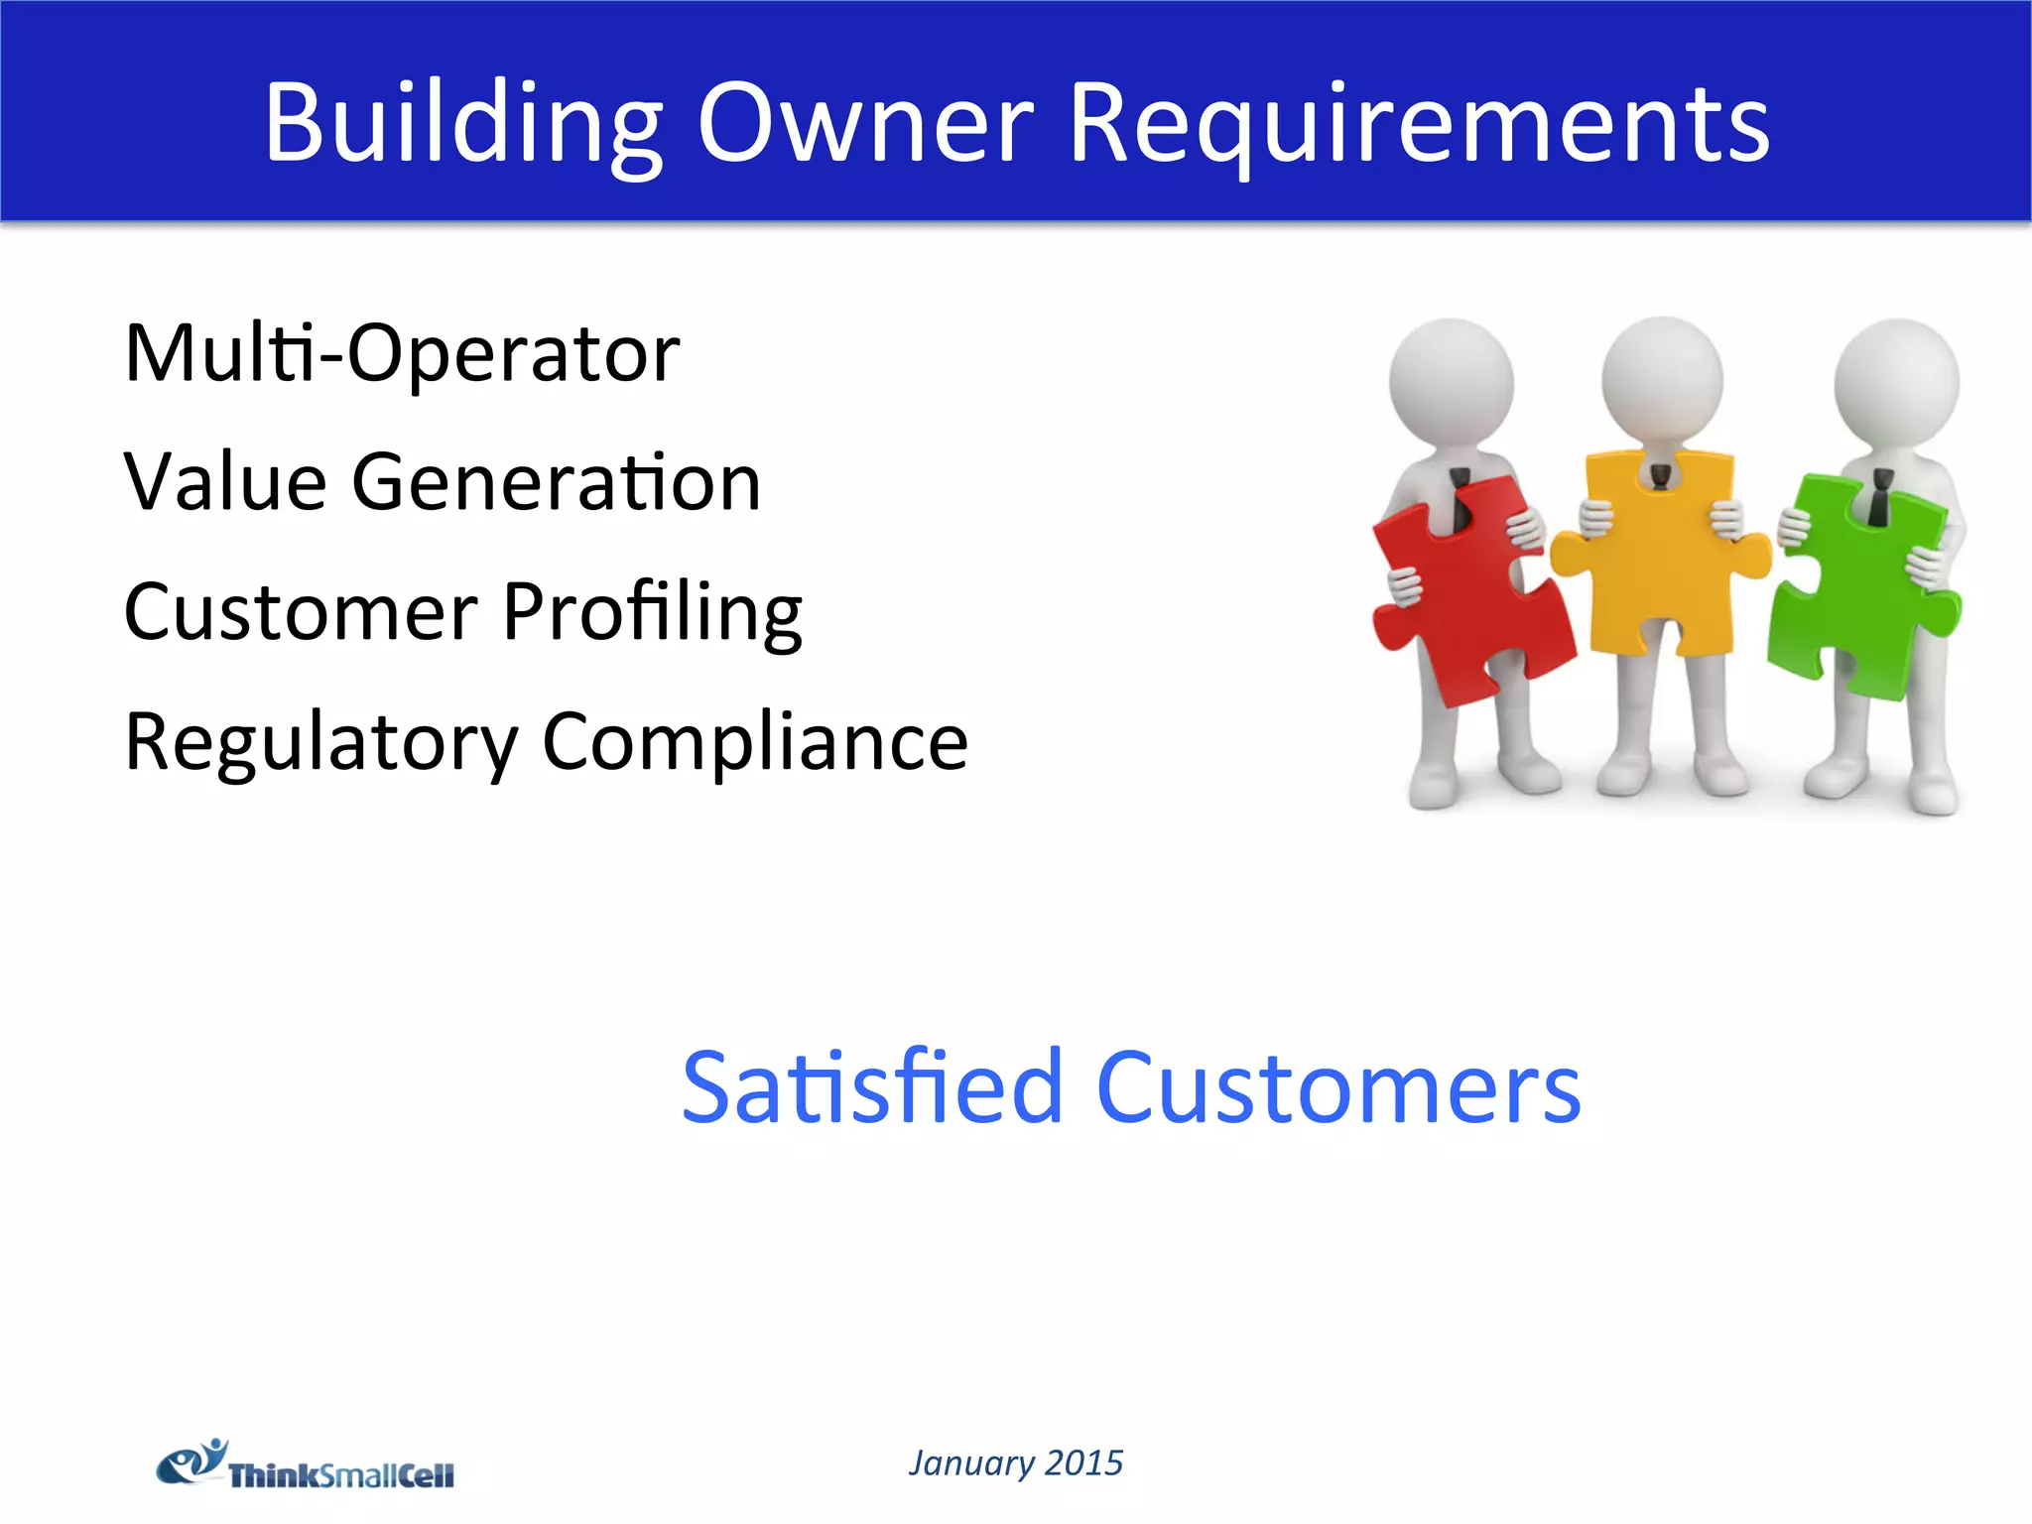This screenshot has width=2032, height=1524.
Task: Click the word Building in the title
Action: click(x=462, y=123)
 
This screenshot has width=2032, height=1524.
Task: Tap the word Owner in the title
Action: click(x=865, y=123)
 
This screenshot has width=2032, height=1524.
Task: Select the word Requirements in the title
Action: click(x=1419, y=123)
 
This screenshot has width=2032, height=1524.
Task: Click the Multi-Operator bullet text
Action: click(x=402, y=353)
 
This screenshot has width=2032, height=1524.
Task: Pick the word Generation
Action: click(x=557, y=482)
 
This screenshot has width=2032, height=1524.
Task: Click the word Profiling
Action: click(x=652, y=611)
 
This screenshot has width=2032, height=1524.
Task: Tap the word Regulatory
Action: click(x=320, y=742)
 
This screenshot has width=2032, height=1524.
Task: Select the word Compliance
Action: click(x=755, y=742)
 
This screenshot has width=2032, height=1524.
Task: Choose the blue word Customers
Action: click(x=1338, y=1088)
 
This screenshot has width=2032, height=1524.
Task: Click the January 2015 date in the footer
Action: click(x=1016, y=1462)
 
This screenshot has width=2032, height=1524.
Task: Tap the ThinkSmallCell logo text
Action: click(x=341, y=1475)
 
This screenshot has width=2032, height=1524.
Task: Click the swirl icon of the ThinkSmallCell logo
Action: click(x=191, y=1461)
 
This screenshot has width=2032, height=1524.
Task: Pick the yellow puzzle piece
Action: click(x=1660, y=556)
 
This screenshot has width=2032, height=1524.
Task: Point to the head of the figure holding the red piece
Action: click(x=1451, y=382)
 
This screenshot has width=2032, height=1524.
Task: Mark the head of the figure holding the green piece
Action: click(x=1896, y=382)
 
